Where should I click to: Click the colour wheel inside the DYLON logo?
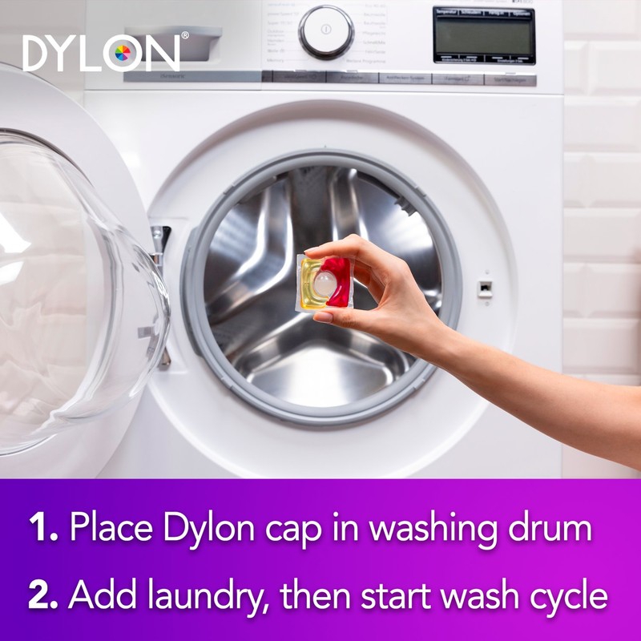pyautogui.click(x=123, y=54)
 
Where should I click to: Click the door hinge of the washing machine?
pyautogui.click(x=161, y=240)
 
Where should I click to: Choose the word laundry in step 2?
pyautogui.click(x=191, y=597)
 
